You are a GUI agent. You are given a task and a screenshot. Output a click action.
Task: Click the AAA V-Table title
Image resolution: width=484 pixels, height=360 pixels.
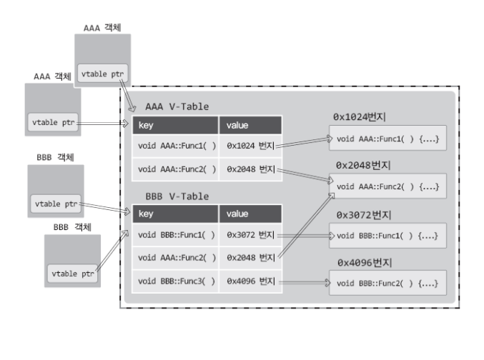[177, 106]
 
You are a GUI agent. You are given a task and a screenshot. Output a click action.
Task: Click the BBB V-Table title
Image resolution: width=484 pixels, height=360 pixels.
[177, 196]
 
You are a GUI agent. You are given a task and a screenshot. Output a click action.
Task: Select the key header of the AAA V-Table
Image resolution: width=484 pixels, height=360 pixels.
[174, 125]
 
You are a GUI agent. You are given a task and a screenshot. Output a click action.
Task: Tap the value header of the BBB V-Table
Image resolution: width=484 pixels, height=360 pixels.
[250, 214]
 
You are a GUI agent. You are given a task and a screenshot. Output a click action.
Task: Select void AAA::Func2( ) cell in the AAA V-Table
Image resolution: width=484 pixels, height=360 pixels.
[174, 169]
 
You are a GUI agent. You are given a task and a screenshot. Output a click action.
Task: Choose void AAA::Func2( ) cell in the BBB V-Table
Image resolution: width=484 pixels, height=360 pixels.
[174, 256]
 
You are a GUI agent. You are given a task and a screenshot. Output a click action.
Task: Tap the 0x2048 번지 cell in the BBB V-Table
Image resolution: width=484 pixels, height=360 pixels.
[250, 256]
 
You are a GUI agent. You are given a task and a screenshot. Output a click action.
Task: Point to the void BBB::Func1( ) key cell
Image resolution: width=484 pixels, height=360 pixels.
[174, 234]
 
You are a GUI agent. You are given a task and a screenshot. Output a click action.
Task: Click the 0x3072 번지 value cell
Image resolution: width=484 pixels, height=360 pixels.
[250, 234]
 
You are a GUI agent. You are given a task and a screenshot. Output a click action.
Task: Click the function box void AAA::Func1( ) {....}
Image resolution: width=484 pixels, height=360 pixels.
[387, 138]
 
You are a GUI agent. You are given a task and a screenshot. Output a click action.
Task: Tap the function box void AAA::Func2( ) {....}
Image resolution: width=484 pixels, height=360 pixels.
[387, 186]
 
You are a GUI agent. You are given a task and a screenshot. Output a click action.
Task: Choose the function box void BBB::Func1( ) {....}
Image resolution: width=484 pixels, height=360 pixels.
[387, 235]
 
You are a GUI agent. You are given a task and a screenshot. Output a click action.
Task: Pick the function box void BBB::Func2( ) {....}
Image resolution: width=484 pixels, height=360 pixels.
[387, 284]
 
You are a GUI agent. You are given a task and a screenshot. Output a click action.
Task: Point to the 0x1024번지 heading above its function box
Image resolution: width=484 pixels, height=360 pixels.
[365, 116]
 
